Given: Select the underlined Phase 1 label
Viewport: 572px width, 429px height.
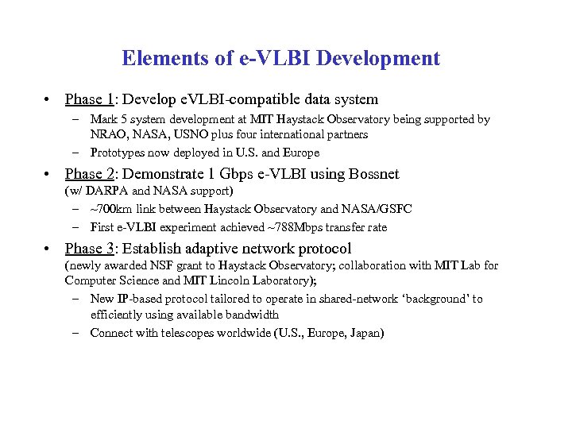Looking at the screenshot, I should tap(90, 99).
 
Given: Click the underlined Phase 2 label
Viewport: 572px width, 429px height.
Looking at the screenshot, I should tap(90, 174).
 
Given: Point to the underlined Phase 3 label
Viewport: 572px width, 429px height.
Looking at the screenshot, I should tap(90, 249).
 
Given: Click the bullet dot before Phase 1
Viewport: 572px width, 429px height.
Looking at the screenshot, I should tap(48, 100).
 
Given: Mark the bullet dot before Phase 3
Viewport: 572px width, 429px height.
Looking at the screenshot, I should tap(48, 249).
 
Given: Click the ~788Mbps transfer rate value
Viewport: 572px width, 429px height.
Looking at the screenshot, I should tap(297, 227).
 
